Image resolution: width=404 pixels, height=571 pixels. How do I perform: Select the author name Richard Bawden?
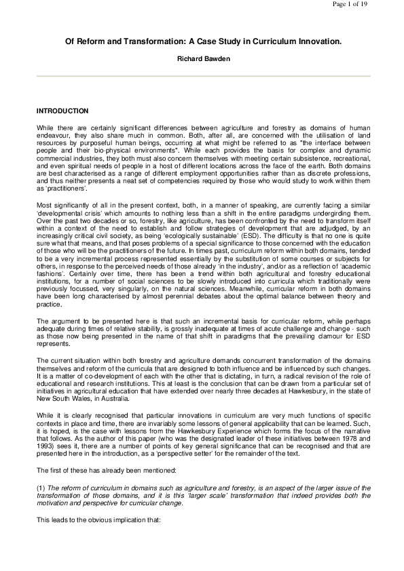(202, 60)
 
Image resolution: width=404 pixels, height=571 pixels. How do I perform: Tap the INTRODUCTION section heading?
(62, 110)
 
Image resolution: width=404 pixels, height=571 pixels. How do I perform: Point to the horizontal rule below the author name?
(202, 77)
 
